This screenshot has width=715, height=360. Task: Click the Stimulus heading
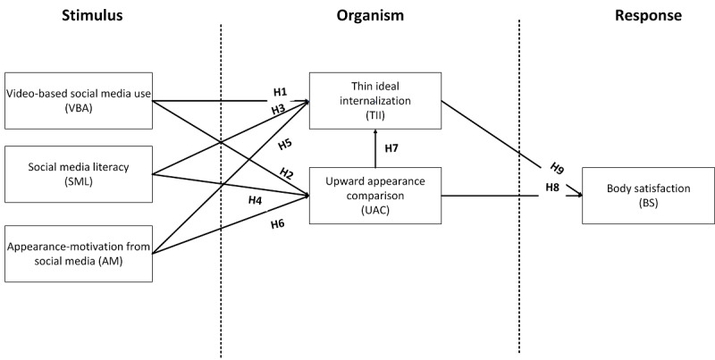point(92,15)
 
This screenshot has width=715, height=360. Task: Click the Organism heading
point(370,16)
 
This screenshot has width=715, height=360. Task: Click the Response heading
point(649,16)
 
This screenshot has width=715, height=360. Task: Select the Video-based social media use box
point(79,101)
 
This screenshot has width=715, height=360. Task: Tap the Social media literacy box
point(79,174)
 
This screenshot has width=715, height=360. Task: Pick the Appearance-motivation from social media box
point(79,254)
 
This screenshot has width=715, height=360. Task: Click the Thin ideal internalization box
point(375,101)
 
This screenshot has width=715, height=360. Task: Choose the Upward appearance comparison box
point(375,196)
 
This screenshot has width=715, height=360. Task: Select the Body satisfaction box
point(649,196)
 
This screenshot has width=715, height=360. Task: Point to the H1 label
point(281,92)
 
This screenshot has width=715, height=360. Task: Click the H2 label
point(286,173)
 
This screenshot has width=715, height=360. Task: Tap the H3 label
point(279,110)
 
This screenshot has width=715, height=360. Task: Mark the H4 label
point(255,200)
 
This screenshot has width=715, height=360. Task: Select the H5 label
point(285,145)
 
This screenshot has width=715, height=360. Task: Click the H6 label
point(278,223)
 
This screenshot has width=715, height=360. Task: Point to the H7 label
point(391,148)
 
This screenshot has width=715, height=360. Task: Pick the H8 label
point(552,187)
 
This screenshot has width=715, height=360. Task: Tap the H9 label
point(557,168)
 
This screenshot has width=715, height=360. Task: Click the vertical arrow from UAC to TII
point(375,148)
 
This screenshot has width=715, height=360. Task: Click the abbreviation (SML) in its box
point(79,181)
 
